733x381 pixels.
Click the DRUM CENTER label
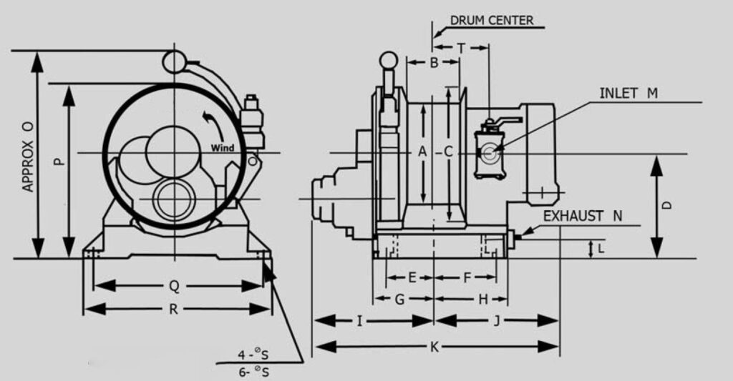[491, 20]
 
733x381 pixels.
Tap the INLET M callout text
[628, 94]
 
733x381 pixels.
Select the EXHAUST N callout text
[583, 215]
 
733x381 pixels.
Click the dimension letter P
[59, 161]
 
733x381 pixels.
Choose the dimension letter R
[174, 309]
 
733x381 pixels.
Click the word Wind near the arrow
[223, 148]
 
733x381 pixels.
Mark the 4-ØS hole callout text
[253, 355]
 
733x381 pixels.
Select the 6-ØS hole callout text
[253, 372]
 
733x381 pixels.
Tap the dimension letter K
[434, 347]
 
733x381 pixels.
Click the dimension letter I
[360, 321]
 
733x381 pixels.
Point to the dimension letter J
[496, 321]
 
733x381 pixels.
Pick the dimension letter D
[666, 205]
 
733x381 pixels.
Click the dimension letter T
[461, 48]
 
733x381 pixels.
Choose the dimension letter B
[433, 63]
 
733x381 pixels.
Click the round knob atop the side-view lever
[388, 60]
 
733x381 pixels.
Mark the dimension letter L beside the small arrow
[601, 248]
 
